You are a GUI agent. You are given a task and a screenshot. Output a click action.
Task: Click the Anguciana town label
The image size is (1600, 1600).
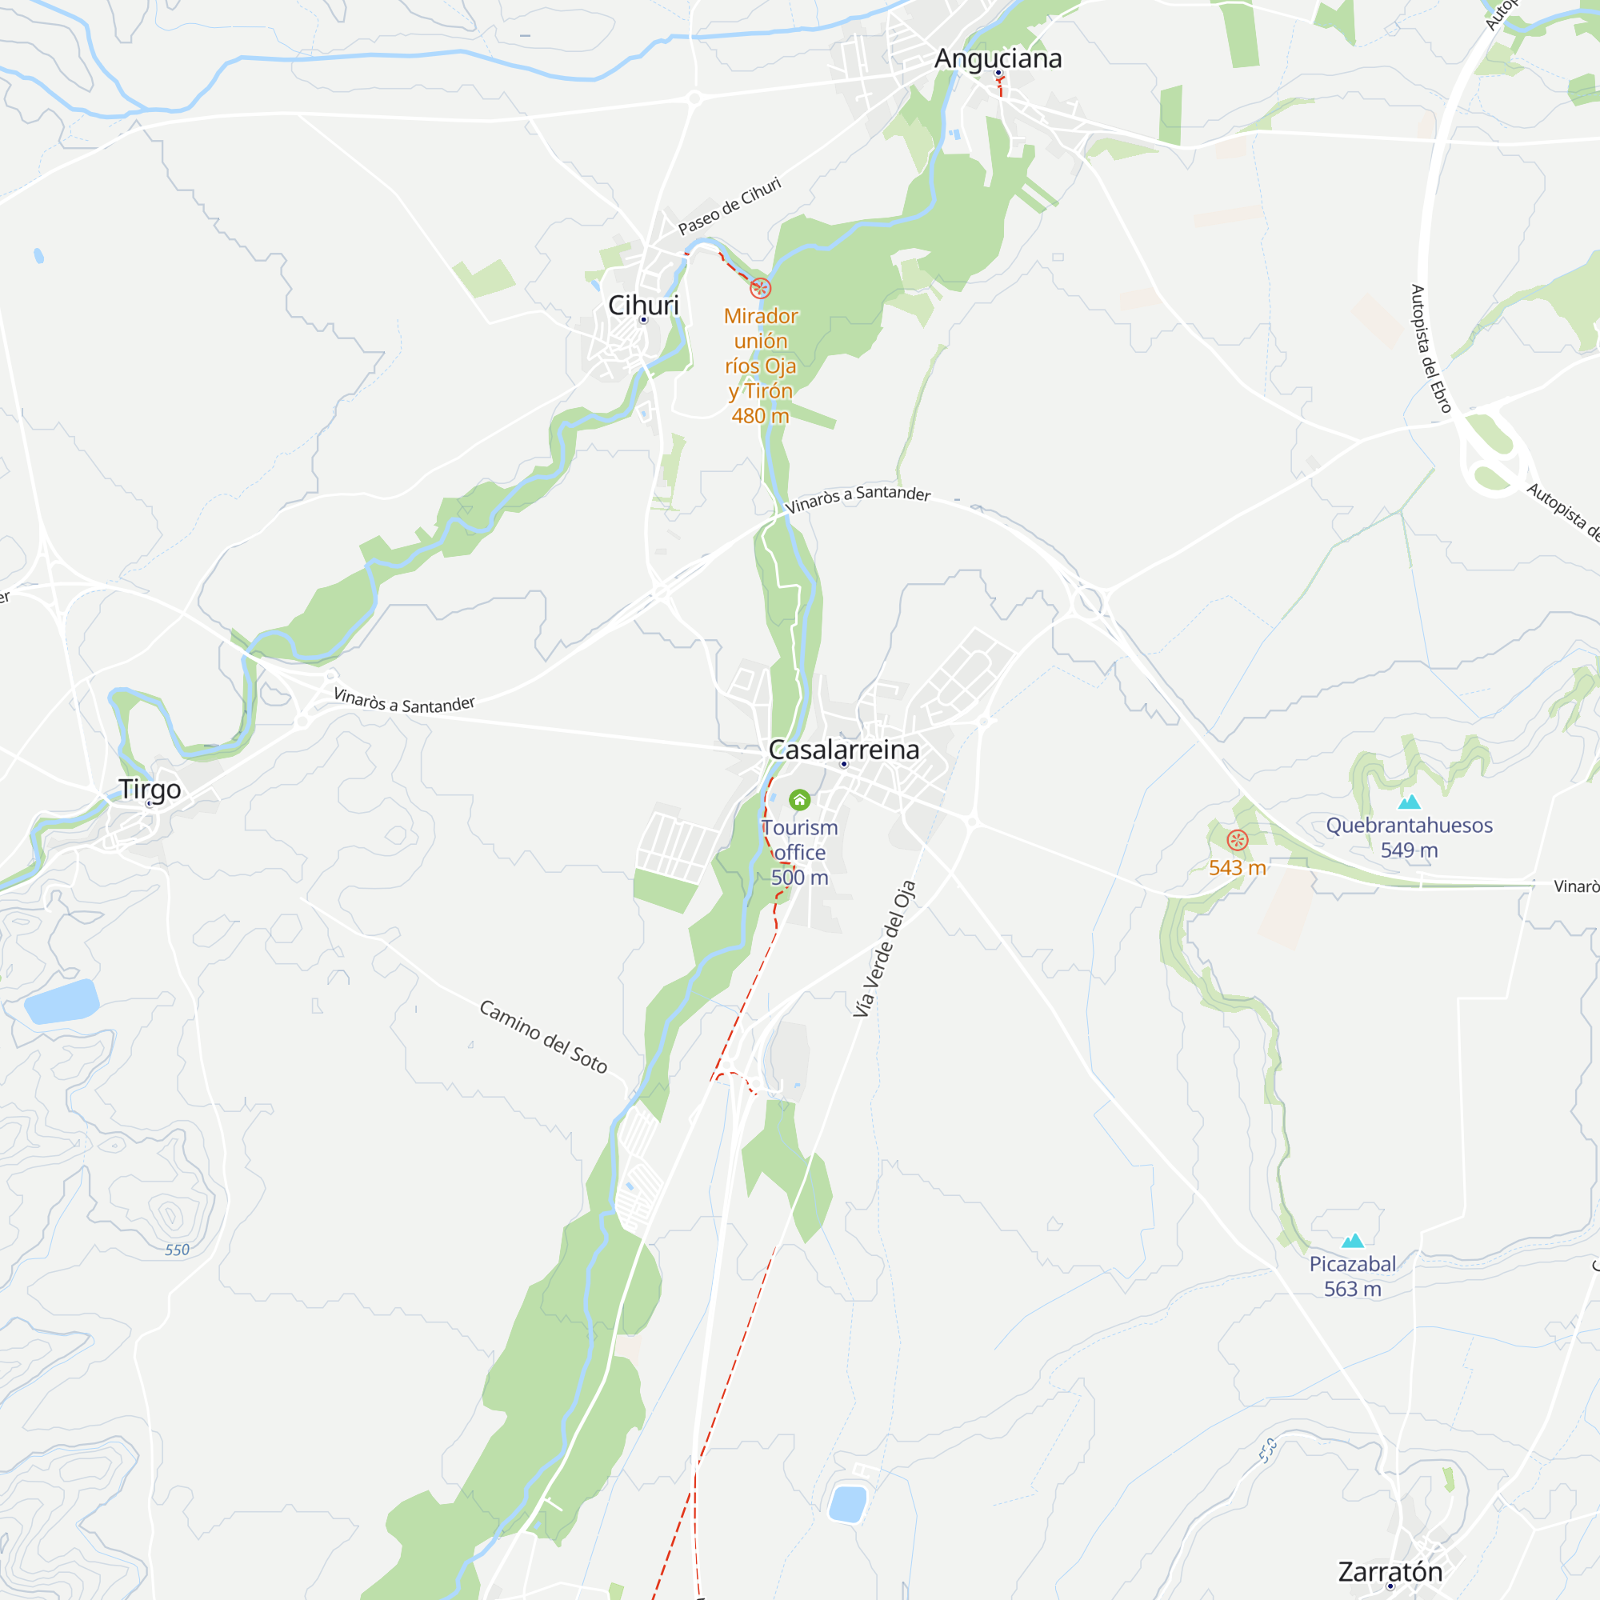tap(998, 58)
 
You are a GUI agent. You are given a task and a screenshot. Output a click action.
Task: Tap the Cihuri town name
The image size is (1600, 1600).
tap(643, 305)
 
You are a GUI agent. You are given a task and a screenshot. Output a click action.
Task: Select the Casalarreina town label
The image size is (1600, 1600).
tap(844, 750)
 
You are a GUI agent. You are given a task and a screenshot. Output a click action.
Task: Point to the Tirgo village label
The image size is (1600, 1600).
tap(150, 790)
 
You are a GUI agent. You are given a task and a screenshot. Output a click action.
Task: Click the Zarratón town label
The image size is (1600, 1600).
tap(1390, 1571)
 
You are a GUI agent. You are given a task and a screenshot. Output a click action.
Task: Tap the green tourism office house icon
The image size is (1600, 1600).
tap(799, 799)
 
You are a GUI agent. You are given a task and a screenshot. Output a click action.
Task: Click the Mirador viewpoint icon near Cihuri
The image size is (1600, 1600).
tap(760, 288)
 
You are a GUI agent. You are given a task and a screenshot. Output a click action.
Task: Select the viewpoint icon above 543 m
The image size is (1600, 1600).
tap(1238, 840)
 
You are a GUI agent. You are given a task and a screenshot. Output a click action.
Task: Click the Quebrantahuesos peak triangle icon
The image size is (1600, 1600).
tap(1410, 802)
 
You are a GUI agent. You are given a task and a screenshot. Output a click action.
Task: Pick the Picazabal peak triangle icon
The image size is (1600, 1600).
tap(1352, 1240)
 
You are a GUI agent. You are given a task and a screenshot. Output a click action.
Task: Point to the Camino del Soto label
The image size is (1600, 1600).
tap(543, 1036)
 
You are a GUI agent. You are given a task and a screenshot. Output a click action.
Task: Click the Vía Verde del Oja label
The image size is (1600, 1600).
tap(885, 948)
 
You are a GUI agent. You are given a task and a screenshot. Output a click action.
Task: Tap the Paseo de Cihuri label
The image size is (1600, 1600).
tap(730, 206)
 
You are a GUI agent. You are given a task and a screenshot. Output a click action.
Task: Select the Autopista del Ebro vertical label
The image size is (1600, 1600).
tap(1430, 349)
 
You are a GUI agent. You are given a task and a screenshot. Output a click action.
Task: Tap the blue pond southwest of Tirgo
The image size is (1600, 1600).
tap(62, 1002)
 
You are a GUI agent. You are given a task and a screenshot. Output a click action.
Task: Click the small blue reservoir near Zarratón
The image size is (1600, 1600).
tap(847, 1504)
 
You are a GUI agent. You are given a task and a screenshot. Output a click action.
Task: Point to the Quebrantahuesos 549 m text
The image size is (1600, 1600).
tap(1410, 838)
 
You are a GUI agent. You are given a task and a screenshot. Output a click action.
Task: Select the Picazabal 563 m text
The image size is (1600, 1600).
tap(1352, 1276)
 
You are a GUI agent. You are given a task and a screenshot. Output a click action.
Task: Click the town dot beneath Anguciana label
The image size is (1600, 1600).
tap(998, 73)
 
